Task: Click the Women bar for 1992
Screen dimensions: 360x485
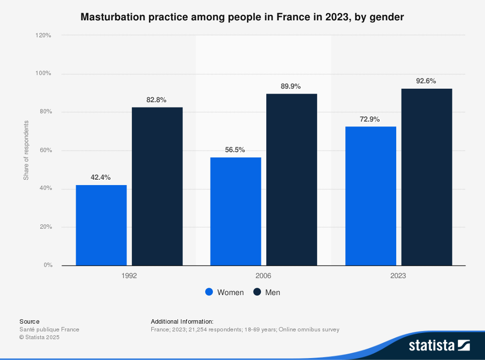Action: (x=101, y=225)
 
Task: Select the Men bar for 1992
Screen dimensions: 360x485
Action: (x=157, y=187)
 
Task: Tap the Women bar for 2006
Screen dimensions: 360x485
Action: (x=236, y=211)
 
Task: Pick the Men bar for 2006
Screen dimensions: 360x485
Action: (x=291, y=180)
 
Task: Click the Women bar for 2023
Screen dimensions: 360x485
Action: (x=371, y=196)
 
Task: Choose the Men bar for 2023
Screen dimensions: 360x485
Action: (x=426, y=177)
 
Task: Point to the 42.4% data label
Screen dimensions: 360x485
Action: (x=101, y=178)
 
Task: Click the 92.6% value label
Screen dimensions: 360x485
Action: (x=426, y=81)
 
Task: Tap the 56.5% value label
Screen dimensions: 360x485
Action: (x=235, y=150)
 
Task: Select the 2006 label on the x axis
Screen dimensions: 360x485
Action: (x=263, y=276)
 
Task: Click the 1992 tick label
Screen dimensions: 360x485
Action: (x=129, y=276)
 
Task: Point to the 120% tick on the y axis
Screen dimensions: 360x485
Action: (x=43, y=35)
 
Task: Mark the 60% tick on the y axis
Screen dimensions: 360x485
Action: (x=45, y=150)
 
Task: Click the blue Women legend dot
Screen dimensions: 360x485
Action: (x=209, y=292)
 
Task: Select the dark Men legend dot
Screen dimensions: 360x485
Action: (x=257, y=292)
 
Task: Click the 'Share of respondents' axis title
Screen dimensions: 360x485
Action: (x=26, y=150)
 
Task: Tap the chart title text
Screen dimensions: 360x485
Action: (x=242, y=17)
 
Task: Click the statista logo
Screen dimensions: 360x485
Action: (x=439, y=345)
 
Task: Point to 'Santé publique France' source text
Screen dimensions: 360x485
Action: (x=49, y=329)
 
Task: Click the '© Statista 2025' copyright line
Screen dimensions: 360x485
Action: (x=39, y=337)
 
